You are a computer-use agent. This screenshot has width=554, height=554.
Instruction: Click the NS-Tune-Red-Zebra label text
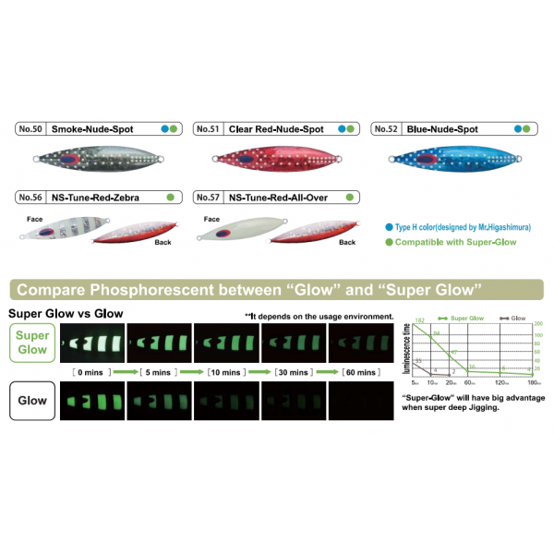click(x=90, y=197)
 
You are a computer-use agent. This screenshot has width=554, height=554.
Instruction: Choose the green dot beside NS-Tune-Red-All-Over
click(x=349, y=197)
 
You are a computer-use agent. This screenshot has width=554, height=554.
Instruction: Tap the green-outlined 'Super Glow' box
click(x=31, y=343)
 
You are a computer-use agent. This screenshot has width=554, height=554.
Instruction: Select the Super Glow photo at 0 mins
click(x=92, y=343)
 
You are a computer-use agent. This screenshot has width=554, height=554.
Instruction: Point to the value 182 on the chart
click(x=420, y=321)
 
